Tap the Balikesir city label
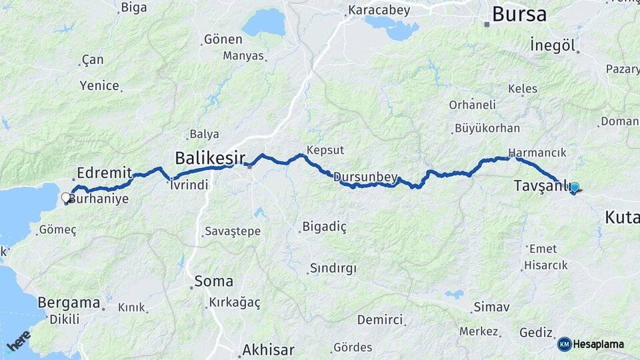(207, 158)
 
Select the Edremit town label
(104, 172)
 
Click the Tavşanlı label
(540, 186)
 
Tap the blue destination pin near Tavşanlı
(574, 189)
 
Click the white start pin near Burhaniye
(66, 198)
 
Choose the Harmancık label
(537, 152)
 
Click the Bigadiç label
(325, 227)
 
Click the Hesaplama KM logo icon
(564, 344)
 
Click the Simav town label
(491, 307)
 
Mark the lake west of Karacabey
(263, 23)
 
